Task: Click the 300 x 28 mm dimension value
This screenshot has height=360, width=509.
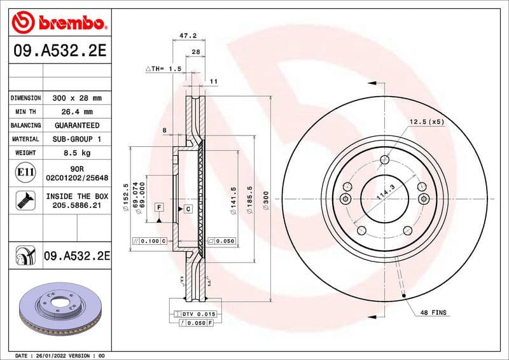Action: pos(76,99)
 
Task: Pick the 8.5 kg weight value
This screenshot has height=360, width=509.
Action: pos(76,153)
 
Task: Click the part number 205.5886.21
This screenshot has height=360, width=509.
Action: pos(76,206)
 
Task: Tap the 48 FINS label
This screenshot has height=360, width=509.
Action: pos(433,313)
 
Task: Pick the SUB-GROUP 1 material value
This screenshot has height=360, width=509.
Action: pos(76,139)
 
